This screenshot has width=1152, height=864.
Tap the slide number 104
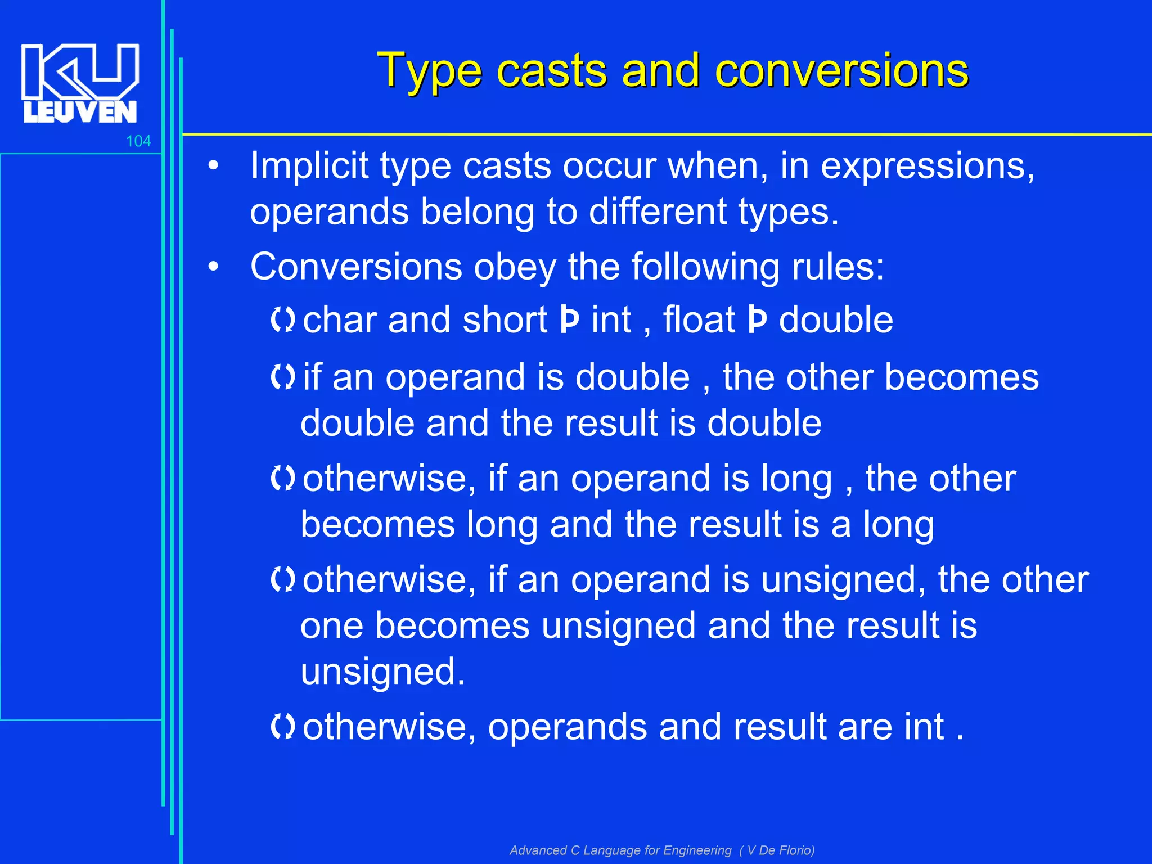tap(138, 141)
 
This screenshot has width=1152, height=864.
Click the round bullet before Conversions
tap(213, 267)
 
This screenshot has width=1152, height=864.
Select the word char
tap(340, 320)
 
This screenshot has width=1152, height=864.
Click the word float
tap(699, 320)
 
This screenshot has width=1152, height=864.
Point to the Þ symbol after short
tap(569, 321)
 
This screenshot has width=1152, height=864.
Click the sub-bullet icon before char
tap(282, 320)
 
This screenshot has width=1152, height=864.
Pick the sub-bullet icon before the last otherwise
tap(282, 726)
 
